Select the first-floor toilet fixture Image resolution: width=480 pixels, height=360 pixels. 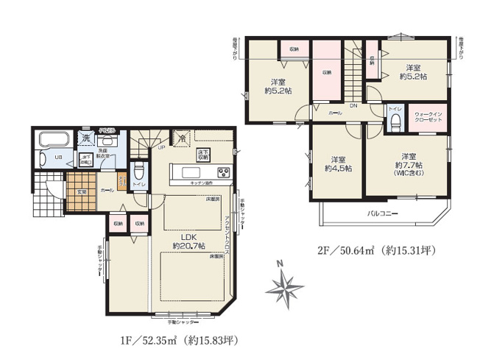tap(138, 171)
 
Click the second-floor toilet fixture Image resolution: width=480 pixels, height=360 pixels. tap(395, 119)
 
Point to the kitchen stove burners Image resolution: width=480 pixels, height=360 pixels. tap(222, 174)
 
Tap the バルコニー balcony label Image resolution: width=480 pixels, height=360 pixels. tap(384, 214)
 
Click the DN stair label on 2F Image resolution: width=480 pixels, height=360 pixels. tap(353, 107)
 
